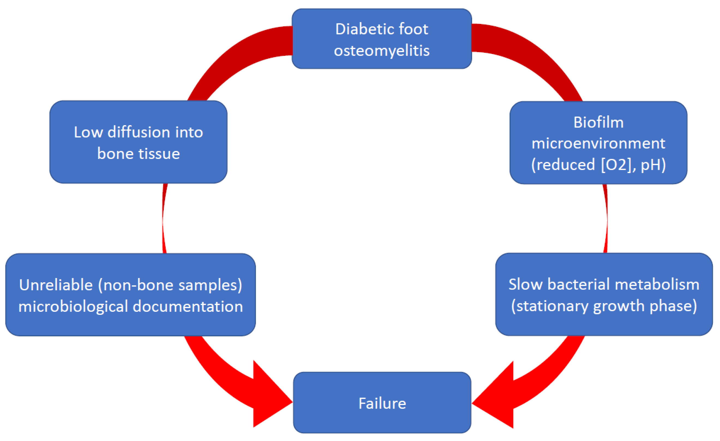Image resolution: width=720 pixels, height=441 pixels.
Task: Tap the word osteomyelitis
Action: pyautogui.click(x=382, y=50)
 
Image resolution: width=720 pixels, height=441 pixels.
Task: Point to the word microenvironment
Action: pyautogui.click(x=598, y=143)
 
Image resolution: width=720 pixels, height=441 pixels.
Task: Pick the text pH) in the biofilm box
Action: pyautogui.click(x=653, y=165)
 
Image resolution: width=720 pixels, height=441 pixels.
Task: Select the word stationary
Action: pyautogui.click(x=549, y=306)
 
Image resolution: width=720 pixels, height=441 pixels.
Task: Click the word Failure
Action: pyautogui.click(x=382, y=403)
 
